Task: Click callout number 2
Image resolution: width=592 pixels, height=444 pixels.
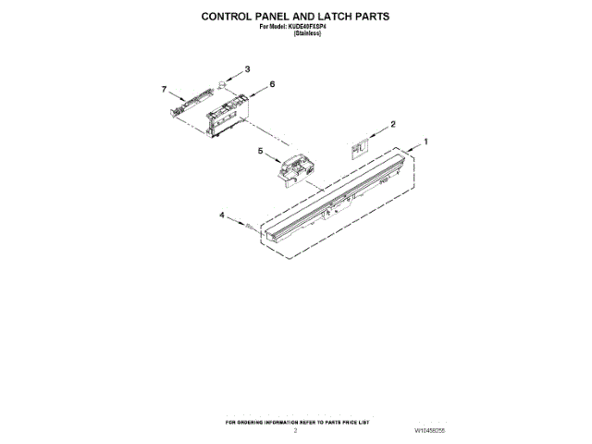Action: [392, 123]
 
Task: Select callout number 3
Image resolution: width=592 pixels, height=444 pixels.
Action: [247, 69]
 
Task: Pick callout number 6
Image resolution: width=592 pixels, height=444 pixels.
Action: [273, 84]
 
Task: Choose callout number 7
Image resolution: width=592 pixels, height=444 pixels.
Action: [164, 89]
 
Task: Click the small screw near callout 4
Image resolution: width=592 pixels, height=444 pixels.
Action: [249, 223]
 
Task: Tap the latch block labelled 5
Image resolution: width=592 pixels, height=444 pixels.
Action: [295, 169]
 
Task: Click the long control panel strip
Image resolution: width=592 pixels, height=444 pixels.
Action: [333, 198]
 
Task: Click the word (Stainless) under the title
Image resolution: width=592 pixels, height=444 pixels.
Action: [308, 33]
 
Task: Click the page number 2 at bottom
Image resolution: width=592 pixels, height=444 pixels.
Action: [295, 430]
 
